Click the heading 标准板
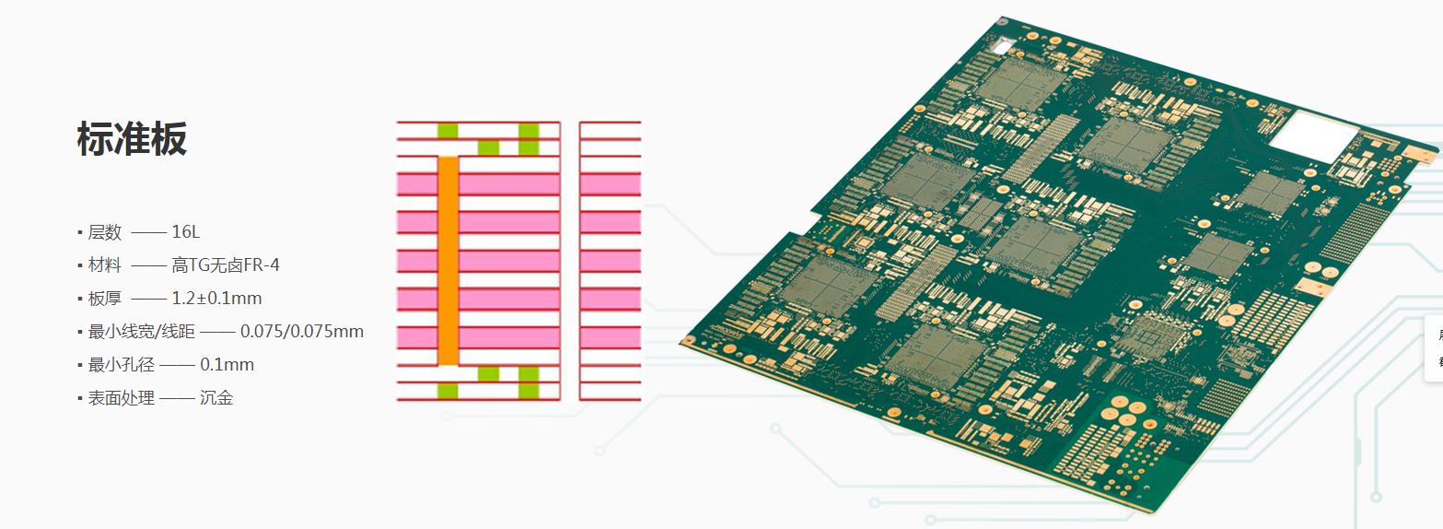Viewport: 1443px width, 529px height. (132, 138)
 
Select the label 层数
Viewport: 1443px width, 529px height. (104, 232)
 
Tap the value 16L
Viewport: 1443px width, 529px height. (185, 232)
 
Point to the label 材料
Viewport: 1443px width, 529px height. (104, 264)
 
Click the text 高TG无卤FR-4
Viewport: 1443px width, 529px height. (226, 264)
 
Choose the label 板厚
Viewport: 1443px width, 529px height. (104, 299)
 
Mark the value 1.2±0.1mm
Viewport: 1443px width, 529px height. (216, 299)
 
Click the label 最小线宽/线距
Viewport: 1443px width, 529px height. (141, 331)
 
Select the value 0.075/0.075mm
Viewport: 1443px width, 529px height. (301, 331)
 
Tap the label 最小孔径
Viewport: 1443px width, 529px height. (122, 365)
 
